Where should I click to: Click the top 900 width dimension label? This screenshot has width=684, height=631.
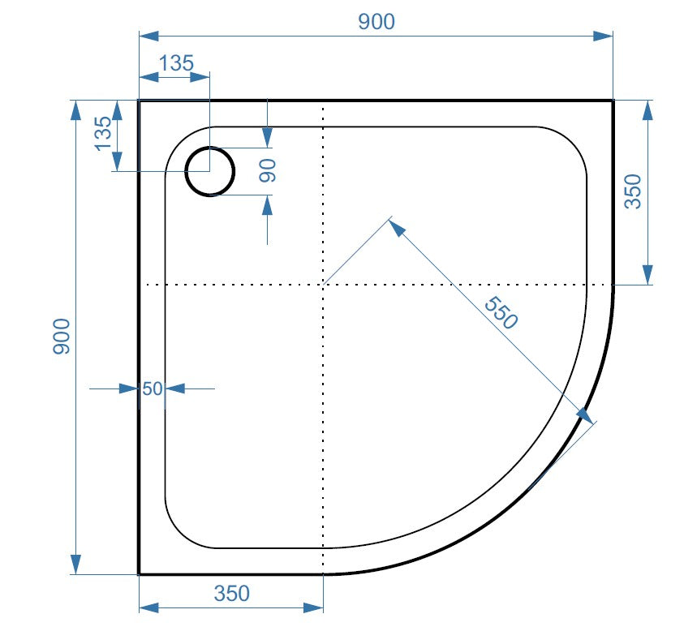376,22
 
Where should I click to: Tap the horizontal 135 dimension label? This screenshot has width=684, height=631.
175,62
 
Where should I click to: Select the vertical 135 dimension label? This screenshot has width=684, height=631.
103,133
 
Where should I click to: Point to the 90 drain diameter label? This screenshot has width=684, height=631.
268,170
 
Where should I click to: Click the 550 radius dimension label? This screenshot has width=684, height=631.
500,313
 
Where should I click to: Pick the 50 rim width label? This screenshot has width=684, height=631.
152,388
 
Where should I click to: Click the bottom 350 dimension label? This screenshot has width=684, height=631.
231,594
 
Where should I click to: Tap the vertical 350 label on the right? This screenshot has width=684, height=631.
633,192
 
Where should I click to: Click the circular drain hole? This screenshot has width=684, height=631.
209,171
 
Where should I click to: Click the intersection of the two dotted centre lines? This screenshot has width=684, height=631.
324,285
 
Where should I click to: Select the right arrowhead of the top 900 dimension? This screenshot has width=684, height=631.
603,36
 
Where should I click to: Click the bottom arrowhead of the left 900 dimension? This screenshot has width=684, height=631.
75,564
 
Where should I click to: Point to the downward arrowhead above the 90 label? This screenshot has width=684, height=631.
268,139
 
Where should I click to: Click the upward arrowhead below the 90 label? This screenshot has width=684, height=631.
268,205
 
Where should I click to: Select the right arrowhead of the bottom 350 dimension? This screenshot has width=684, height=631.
313,607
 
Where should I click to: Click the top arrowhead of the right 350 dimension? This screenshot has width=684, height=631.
647,110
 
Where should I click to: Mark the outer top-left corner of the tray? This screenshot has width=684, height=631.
140,101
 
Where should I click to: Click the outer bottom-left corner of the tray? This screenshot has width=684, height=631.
140,573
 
